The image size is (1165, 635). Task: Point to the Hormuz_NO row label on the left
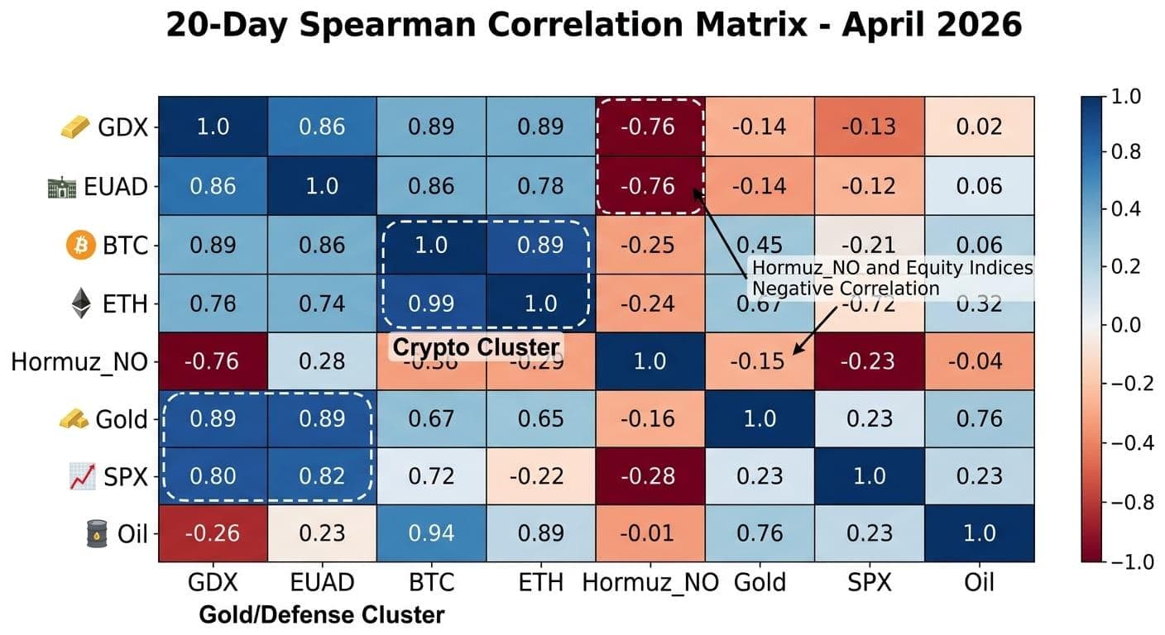tap(79, 362)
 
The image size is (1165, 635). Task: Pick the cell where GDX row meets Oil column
tap(979, 127)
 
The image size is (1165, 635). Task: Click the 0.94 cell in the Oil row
tap(431, 533)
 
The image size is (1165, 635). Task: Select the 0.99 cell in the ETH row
tap(431, 303)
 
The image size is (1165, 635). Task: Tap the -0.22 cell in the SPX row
tap(540, 476)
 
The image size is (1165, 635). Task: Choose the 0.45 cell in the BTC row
tap(760, 245)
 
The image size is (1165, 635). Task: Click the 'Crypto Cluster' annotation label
tap(475, 347)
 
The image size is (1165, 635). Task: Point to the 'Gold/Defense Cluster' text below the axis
tap(321, 615)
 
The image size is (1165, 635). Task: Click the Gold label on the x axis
tap(760, 583)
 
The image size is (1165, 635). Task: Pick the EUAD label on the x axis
tap(321, 583)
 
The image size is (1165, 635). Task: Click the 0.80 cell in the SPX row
tap(213, 476)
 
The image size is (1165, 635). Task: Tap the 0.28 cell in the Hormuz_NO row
tap(321, 361)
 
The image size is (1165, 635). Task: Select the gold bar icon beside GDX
tap(74, 128)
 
